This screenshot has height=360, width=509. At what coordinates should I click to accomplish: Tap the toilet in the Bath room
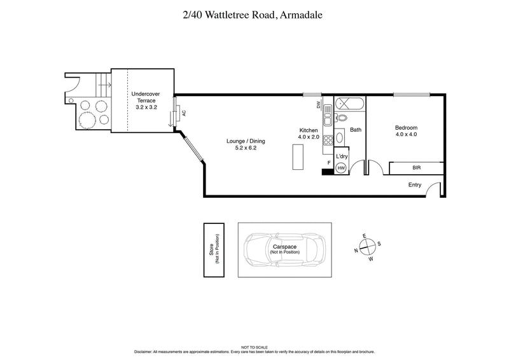342,118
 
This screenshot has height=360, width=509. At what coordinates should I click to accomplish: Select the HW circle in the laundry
342,167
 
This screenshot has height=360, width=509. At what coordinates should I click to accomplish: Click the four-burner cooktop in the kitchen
328,141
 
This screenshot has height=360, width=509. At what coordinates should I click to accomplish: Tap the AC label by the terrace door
185,113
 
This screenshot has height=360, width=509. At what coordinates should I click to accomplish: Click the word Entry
415,185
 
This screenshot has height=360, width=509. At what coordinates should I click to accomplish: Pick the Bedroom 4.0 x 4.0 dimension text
405,134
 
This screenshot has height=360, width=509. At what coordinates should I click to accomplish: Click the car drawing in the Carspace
285,249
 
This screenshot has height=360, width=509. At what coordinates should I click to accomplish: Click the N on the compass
356,251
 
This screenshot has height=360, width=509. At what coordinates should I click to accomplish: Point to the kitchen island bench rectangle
298,157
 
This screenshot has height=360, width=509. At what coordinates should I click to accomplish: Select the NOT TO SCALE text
254,347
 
